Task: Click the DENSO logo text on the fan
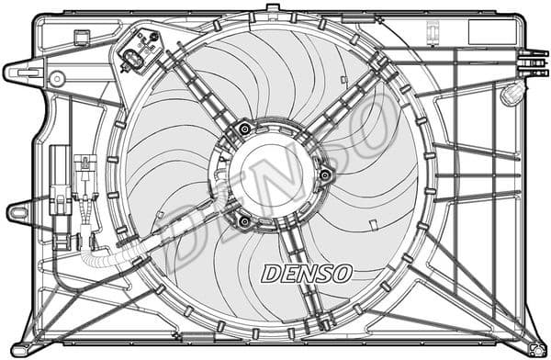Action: pyautogui.click(x=307, y=273)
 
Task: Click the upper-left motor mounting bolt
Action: pyautogui.click(x=243, y=129)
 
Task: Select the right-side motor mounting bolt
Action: pyautogui.click(x=324, y=174)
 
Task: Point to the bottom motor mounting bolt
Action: pyautogui.click(x=243, y=220)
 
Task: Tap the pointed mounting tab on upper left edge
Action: pyautogui.click(x=20, y=70)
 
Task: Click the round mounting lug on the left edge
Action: pyautogui.click(x=17, y=213)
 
